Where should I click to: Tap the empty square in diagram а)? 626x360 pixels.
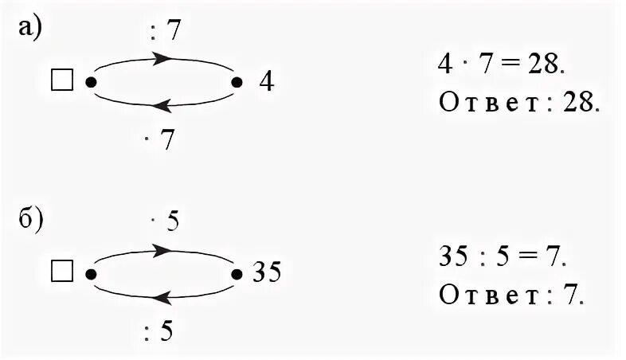coord(61,80)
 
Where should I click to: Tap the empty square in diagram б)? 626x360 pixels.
coord(61,272)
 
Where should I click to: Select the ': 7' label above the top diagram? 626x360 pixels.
coord(165,32)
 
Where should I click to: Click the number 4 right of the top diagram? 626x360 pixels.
coord(265,82)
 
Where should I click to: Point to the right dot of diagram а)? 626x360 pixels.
coord(236,81)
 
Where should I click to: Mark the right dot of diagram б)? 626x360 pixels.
coord(236,273)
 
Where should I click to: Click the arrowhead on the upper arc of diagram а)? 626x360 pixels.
coord(162,58)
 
